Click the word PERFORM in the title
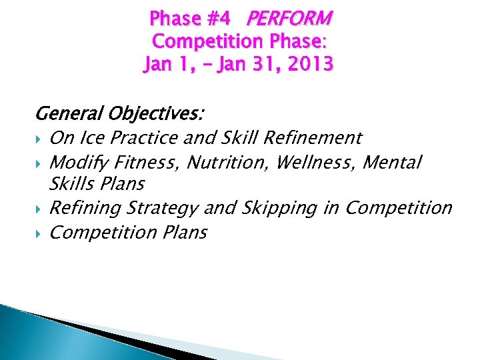tap(289, 19)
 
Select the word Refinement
tap(313, 138)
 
